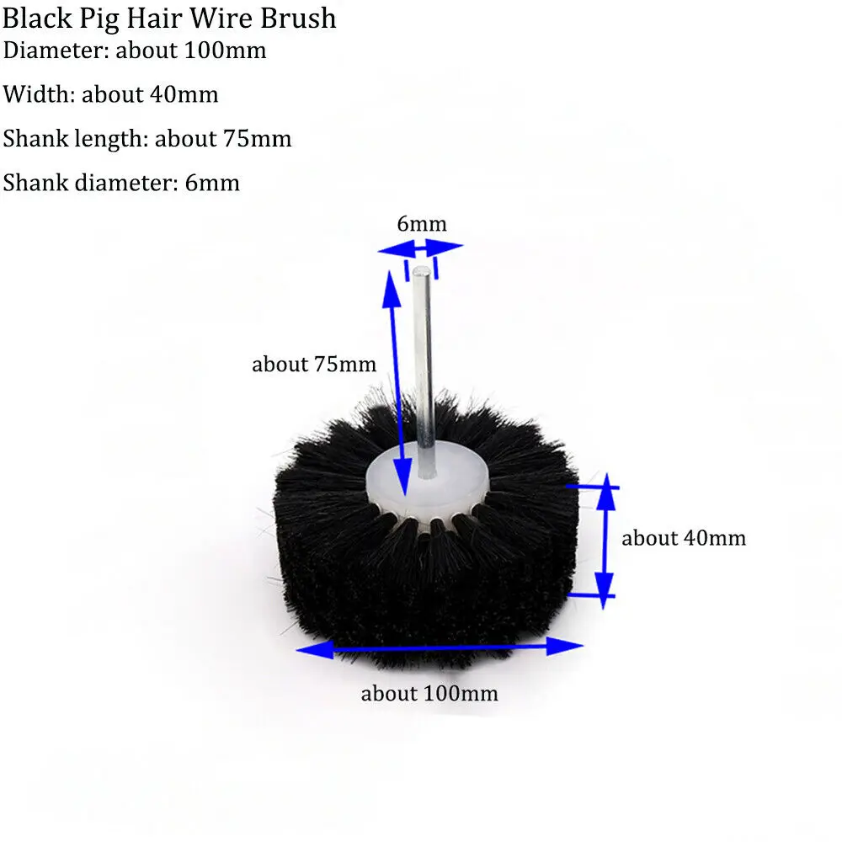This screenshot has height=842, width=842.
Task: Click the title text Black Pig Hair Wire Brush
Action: pyautogui.click(x=169, y=19)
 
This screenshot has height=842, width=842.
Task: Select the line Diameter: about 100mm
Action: pyautogui.click(x=135, y=51)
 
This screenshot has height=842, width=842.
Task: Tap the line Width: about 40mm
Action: pyautogui.click(x=110, y=94)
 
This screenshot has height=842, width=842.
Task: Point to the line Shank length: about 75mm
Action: pyautogui.click(x=147, y=138)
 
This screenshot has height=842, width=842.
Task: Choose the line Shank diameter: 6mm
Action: pyautogui.click(x=121, y=182)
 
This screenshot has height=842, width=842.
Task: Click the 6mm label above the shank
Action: pyautogui.click(x=421, y=224)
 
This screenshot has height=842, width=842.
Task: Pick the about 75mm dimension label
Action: pyautogui.click(x=313, y=365)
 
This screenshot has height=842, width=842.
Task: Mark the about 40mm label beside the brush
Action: pyautogui.click(x=684, y=537)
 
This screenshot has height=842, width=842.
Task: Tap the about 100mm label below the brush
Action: pyautogui.click(x=429, y=694)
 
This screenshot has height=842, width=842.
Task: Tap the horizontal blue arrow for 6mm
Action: pyautogui.click(x=420, y=248)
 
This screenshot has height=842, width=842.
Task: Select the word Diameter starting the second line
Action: pyautogui.click(x=54, y=51)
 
